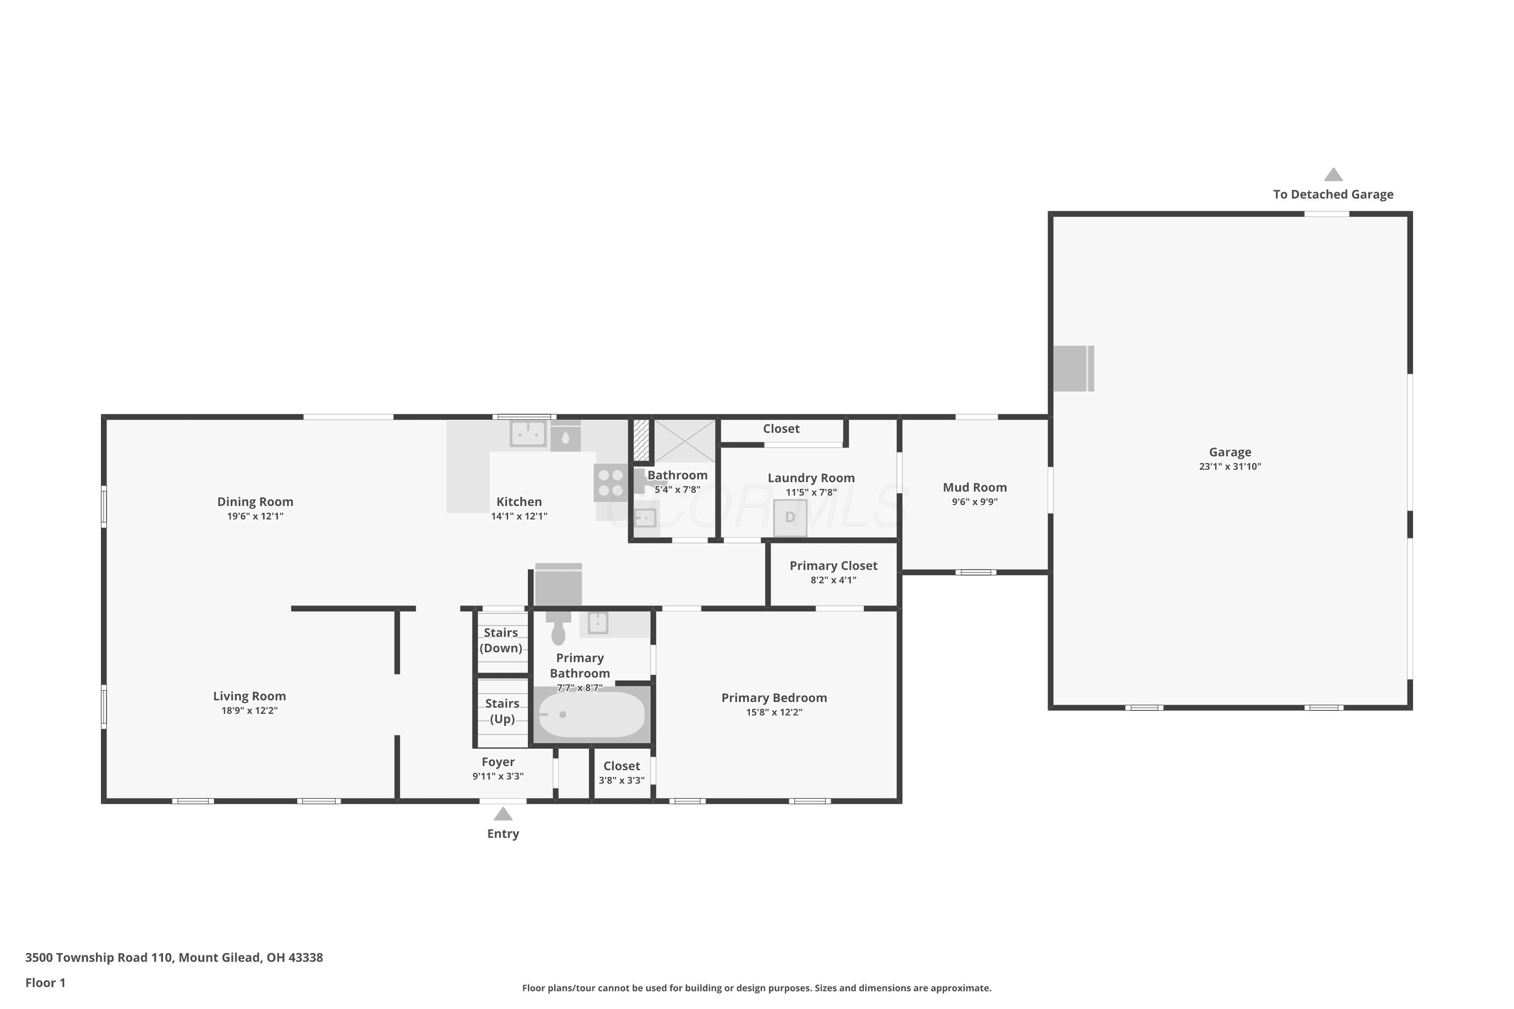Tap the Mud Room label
pyautogui.click(x=975, y=488)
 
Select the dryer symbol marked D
pyautogui.click(x=790, y=518)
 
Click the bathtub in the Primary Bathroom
pyautogui.click(x=591, y=714)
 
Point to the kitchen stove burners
pyautogui.click(x=611, y=483)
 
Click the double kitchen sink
pyautogui.click(x=528, y=434)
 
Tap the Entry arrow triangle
pyautogui.click(x=503, y=814)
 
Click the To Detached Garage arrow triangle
pyautogui.click(x=1333, y=175)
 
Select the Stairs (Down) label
pyautogui.click(x=501, y=640)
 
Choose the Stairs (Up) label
pyautogui.click(x=502, y=711)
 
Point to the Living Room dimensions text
pyautogui.click(x=249, y=710)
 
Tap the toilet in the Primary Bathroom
pyautogui.click(x=558, y=628)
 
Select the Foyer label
pyautogui.click(x=498, y=762)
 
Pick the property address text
pyautogui.click(x=174, y=958)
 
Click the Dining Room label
pyautogui.click(x=255, y=502)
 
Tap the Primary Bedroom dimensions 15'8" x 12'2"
pyautogui.click(x=774, y=712)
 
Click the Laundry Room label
pyautogui.click(x=811, y=478)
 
